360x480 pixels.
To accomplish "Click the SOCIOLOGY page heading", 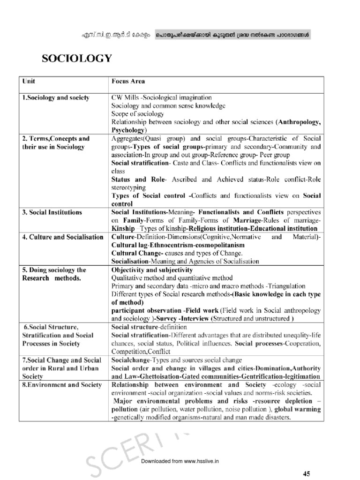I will [x=77, y=59].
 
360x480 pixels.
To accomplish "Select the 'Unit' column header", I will [x=29, y=81].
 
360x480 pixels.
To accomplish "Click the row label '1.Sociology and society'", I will [x=56, y=98].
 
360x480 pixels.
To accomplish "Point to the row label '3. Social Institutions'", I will [x=52, y=212].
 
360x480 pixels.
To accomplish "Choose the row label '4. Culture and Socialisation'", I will [x=63, y=237].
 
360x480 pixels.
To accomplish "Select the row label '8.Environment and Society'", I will [x=62, y=385].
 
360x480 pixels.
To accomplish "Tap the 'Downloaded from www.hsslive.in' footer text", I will [x=180, y=461].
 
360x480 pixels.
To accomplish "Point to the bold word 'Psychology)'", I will [x=129, y=130].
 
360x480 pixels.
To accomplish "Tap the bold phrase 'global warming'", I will [x=300, y=409].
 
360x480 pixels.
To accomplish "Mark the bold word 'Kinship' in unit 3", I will [x=124, y=228].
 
